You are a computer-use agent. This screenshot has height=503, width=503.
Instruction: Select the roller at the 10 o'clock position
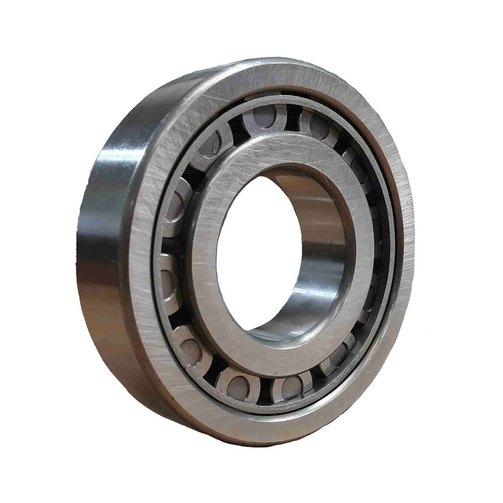[175, 199]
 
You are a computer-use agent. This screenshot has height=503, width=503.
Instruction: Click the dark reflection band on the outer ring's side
[94, 193]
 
